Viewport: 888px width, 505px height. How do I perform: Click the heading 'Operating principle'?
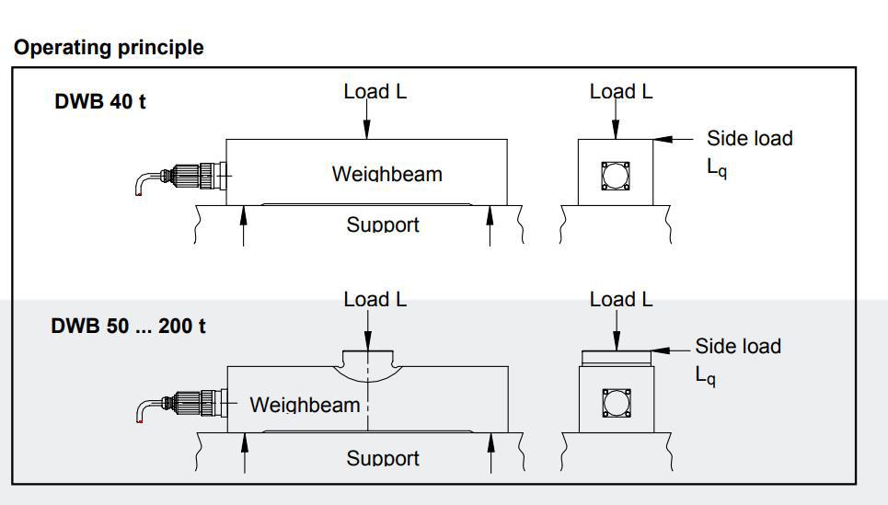pyautogui.click(x=109, y=48)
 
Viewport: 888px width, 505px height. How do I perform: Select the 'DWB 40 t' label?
pyautogui.click(x=100, y=101)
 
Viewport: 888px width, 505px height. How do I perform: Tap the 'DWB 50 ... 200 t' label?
pyautogui.click(x=128, y=326)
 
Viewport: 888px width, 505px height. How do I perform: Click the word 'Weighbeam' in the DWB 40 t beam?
pyautogui.click(x=386, y=173)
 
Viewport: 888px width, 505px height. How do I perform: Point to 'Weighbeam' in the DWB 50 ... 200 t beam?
pyautogui.click(x=305, y=404)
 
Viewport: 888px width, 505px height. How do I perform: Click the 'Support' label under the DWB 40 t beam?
pyautogui.click(x=383, y=224)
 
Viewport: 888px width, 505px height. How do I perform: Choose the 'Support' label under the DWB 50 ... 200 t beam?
pyautogui.click(x=383, y=457)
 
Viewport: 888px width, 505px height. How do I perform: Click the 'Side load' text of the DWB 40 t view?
pyautogui.click(x=749, y=138)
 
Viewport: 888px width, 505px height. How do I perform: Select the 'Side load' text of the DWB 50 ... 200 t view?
pyautogui.click(x=737, y=346)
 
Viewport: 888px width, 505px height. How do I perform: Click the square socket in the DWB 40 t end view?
pyautogui.click(x=615, y=175)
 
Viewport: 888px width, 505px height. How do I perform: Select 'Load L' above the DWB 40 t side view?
pyautogui.click(x=375, y=91)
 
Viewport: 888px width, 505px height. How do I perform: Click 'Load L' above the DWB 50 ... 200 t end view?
pyautogui.click(x=621, y=299)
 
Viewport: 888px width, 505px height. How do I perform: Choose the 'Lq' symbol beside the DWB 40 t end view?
pyautogui.click(x=717, y=169)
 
